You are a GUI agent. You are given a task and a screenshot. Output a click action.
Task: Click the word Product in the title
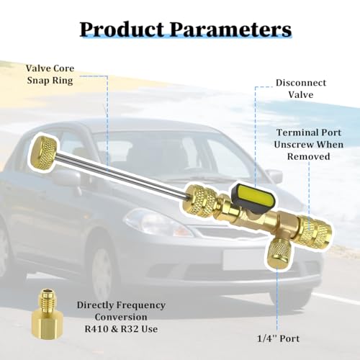(x=122, y=30)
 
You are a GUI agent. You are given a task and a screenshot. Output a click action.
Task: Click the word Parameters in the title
(x=230, y=30)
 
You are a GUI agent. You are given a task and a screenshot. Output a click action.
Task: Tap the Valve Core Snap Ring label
(x=50, y=74)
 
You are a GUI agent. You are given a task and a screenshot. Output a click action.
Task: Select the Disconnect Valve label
(x=301, y=89)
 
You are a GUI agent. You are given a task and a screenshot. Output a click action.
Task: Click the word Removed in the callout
(x=309, y=156)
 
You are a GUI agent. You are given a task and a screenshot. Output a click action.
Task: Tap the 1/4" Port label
(x=279, y=338)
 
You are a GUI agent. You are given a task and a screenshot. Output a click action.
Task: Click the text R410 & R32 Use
(x=121, y=329)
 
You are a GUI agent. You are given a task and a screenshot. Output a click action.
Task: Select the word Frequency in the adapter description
(x=143, y=306)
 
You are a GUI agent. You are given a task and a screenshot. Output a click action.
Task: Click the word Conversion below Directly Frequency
(x=121, y=317)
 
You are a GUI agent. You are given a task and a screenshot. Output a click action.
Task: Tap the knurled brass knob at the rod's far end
(x=44, y=153)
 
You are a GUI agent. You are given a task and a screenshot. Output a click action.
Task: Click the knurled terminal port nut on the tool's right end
(x=315, y=231)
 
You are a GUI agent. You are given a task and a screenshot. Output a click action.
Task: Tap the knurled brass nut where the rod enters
(x=200, y=200)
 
